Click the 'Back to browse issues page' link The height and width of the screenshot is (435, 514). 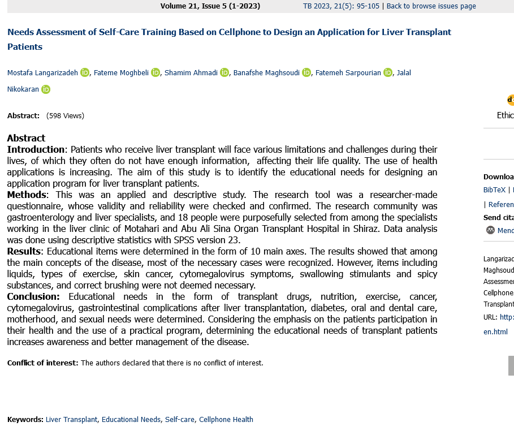click(x=431, y=6)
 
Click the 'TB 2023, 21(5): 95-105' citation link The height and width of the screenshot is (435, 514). click(x=341, y=6)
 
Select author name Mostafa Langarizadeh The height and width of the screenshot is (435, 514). click(x=42, y=72)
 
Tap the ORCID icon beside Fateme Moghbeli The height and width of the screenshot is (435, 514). click(x=156, y=72)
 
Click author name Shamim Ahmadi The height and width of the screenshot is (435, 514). click(x=191, y=72)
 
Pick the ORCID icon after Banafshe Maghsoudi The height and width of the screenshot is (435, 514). click(x=306, y=72)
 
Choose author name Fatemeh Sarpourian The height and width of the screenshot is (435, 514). click(x=348, y=72)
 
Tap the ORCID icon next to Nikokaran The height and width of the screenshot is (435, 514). click(x=46, y=89)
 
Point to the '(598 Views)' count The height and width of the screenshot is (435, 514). click(x=65, y=116)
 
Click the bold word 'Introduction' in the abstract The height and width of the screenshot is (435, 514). click(x=36, y=149)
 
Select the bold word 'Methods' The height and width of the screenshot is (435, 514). click(x=26, y=195)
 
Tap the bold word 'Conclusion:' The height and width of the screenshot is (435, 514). click(x=33, y=296)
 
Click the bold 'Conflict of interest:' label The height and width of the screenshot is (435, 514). click(x=42, y=363)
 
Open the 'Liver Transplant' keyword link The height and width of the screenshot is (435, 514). click(x=71, y=420)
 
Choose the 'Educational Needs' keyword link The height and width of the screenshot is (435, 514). click(x=131, y=420)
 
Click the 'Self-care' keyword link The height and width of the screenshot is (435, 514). click(x=180, y=420)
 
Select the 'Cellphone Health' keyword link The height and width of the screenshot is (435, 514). click(x=226, y=420)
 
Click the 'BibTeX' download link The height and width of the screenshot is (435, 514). click(x=494, y=190)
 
